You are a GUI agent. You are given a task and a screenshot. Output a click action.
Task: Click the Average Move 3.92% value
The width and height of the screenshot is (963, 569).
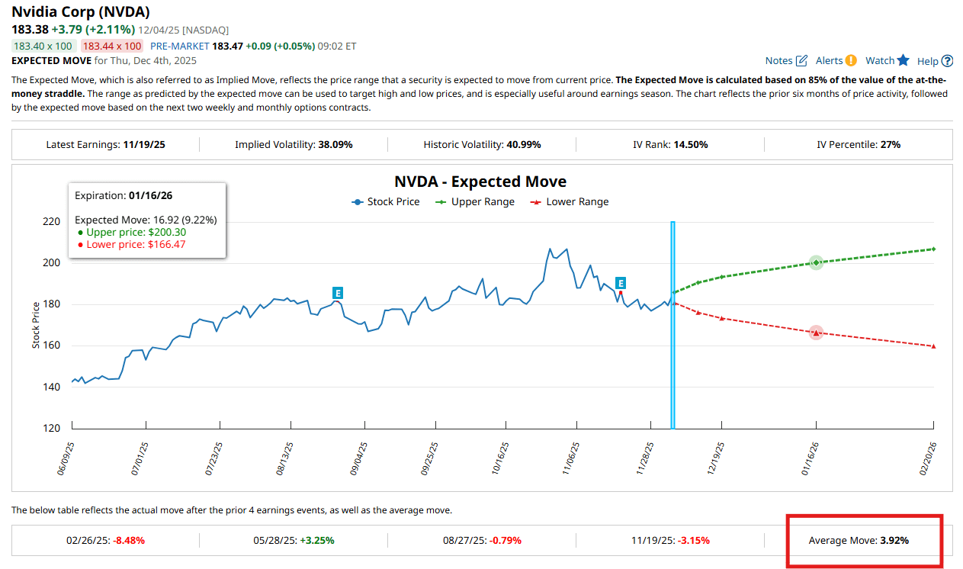click(894, 540)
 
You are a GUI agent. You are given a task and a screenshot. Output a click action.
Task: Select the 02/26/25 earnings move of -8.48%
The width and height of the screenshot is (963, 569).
click(129, 540)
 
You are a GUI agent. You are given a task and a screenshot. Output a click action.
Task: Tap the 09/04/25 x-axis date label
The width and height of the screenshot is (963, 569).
click(359, 458)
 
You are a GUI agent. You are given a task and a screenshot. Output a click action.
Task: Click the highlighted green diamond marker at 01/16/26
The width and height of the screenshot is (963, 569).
click(816, 262)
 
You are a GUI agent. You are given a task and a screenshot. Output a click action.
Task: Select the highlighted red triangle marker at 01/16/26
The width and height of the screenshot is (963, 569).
click(816, 333)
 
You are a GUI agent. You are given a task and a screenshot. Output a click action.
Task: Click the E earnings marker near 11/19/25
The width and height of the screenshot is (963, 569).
click(621, 283)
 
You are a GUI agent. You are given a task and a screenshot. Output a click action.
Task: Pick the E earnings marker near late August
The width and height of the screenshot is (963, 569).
click(338, 293)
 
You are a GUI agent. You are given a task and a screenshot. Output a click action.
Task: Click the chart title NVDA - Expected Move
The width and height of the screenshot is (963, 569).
click(480, 182)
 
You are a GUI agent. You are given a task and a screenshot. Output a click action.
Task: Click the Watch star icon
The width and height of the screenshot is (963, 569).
click(904, 60)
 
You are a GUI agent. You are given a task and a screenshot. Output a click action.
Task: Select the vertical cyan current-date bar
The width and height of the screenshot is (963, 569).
click(672, 324)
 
